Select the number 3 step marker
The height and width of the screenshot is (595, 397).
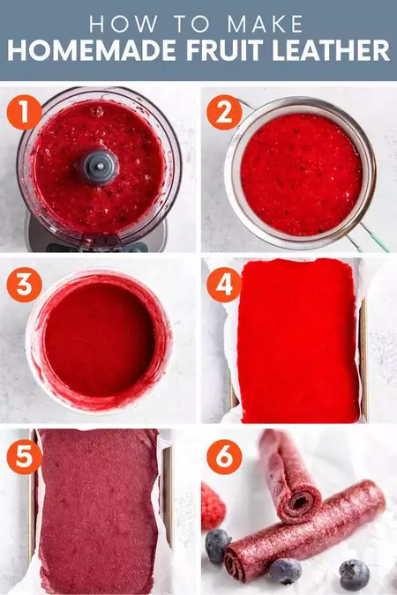(24, 287)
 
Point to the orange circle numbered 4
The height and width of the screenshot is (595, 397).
(225, 286)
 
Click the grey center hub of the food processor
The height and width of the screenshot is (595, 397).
(98, 164)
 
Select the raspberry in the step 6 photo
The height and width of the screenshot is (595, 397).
(212, 505)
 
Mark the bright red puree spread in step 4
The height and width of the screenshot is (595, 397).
(297, 339)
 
